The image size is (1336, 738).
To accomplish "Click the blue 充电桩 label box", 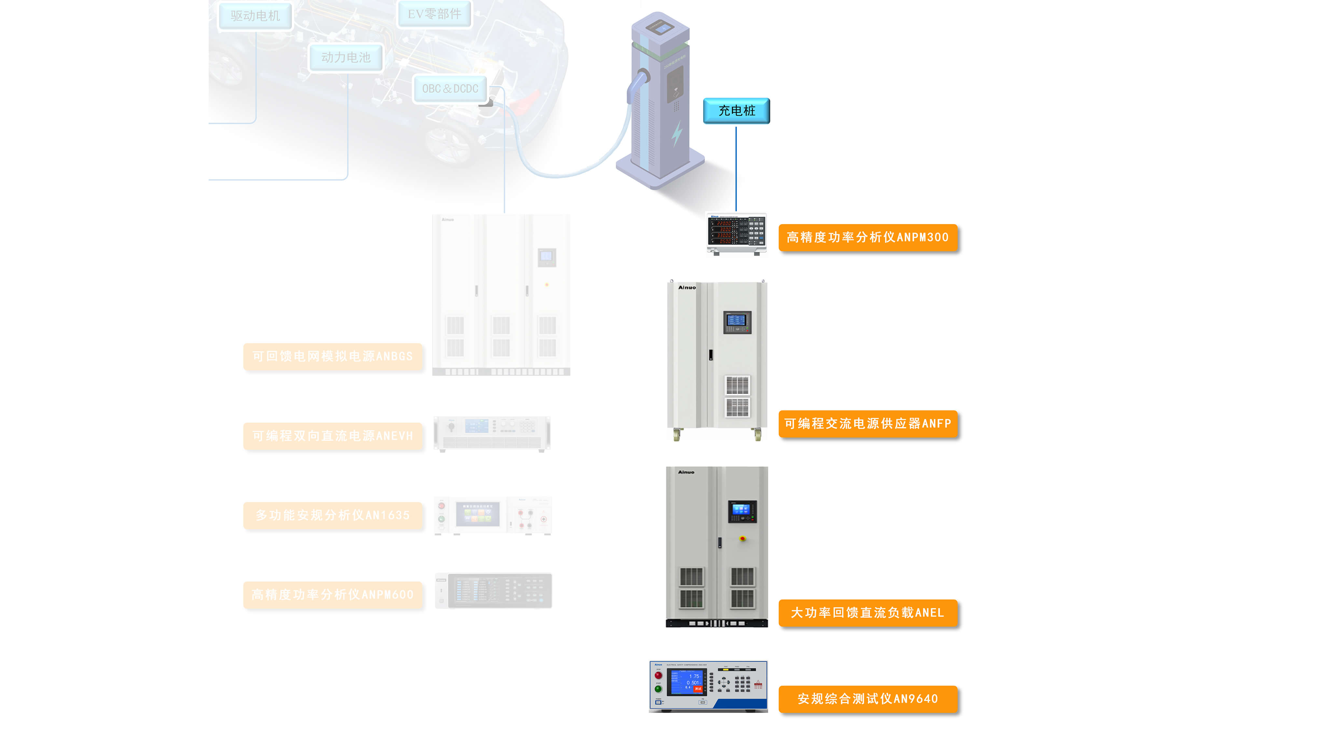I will pos(736,110).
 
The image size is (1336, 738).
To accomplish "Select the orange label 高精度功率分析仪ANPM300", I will pos(868,238).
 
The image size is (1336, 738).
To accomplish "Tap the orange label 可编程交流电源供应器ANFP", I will pos(868,424).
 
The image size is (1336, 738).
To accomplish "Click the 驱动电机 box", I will pos(255,16).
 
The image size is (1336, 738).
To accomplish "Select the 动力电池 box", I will pos(346,57).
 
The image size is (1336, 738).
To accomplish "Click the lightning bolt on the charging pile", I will pos(677,134).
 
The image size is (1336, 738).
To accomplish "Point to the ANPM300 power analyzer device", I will pos(736,234).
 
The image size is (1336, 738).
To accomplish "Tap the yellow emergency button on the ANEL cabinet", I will pos(742,539).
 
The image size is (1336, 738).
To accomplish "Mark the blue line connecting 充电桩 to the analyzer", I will pos(736,169).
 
